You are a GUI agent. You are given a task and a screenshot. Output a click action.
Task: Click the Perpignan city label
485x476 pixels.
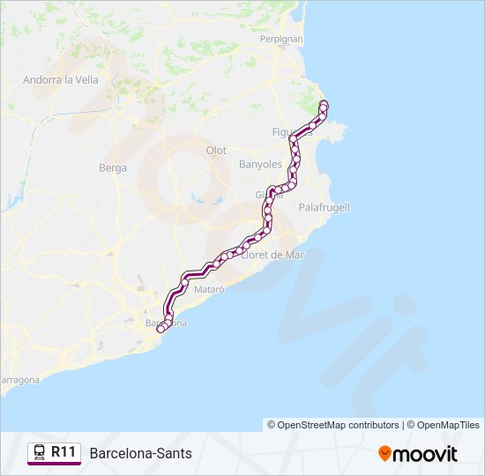click(281, 40)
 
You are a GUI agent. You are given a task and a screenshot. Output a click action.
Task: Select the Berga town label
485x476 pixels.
click(113, 167)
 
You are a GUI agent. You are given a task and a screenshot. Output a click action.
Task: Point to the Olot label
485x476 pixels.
click(216, 151)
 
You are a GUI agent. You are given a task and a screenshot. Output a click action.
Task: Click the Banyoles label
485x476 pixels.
click(260, 165)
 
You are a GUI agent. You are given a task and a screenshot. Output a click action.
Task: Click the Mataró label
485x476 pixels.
click(209, 289)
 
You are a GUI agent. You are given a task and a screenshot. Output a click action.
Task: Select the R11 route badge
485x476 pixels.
click(63, 452)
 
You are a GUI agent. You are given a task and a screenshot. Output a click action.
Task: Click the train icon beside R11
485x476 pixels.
click(40, 452)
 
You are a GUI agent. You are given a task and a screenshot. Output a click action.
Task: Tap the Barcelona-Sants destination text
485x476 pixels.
click(140, 453)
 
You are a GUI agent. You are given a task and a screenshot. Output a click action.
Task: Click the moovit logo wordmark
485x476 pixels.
click(426, 453)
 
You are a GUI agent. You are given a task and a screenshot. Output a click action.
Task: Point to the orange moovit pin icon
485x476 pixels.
click(384, 453)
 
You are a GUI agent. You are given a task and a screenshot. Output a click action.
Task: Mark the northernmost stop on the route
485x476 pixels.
click(324, 105)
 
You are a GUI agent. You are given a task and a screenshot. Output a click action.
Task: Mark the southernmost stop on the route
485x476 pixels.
click(160, 330)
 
